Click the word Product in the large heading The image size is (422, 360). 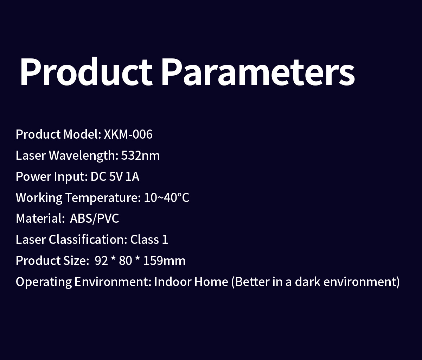[x=86, y=71]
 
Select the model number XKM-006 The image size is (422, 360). [x=128, y=134]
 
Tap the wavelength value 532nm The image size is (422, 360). [x=140, y=156]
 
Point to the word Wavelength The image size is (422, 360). [x=83, y=156]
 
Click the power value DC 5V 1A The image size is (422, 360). [x=115, y=177]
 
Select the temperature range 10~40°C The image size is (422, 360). [x=166, y=197]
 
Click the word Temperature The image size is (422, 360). [x=103, y=198]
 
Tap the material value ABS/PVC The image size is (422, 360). [x=94, y=219]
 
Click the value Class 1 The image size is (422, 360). [x=149, y=239]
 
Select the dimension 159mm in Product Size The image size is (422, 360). [x=164, y=261]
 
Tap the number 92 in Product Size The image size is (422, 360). [x=101, y=261]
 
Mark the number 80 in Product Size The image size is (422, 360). [x=125, y=261]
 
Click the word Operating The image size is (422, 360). [x=44, y=282]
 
